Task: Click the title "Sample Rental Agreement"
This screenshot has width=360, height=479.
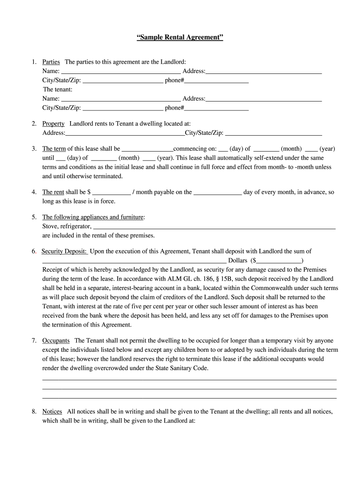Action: point(180,37)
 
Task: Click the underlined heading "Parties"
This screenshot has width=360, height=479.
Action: point(51,62)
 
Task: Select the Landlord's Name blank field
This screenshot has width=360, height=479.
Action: point(121,72)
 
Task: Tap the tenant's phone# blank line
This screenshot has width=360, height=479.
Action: point(216,108)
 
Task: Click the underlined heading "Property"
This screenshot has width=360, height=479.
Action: point(53,123)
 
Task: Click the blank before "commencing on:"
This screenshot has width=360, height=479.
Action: point(147,149)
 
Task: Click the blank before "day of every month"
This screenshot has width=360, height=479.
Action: point(217,192)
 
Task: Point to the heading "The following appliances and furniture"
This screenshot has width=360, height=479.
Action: point(93,217)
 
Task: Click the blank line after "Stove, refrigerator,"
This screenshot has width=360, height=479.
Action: point(214,227)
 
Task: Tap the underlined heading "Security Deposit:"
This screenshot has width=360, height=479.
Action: point(64,251)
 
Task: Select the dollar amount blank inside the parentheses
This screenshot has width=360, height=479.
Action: point(279,261)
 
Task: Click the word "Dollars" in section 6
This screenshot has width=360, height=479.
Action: point(237,261)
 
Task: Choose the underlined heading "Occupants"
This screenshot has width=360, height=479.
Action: point(56,341)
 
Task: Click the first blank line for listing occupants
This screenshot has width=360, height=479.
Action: point(189,379)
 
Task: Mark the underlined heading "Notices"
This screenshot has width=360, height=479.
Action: point(52,411)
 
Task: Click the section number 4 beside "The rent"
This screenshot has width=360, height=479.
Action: point(34,192)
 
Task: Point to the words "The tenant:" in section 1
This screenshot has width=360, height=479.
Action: point(58,89)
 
